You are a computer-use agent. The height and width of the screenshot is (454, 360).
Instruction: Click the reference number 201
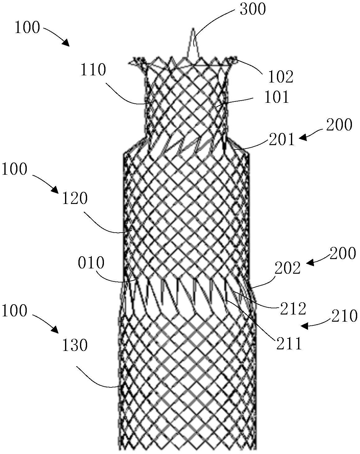tap(282, 139)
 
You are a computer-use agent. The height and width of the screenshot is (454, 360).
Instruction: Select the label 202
tap(288, 268)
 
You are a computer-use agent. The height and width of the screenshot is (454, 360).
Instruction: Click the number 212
tap(293, 308)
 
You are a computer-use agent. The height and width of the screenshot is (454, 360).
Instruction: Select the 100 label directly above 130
tap(15, 310)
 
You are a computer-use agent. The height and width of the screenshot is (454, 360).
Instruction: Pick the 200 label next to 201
tap(339, 125)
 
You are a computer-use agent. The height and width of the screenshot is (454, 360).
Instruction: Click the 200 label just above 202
tap(343, 253)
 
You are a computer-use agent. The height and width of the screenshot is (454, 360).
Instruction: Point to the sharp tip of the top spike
tap(193, 28)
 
